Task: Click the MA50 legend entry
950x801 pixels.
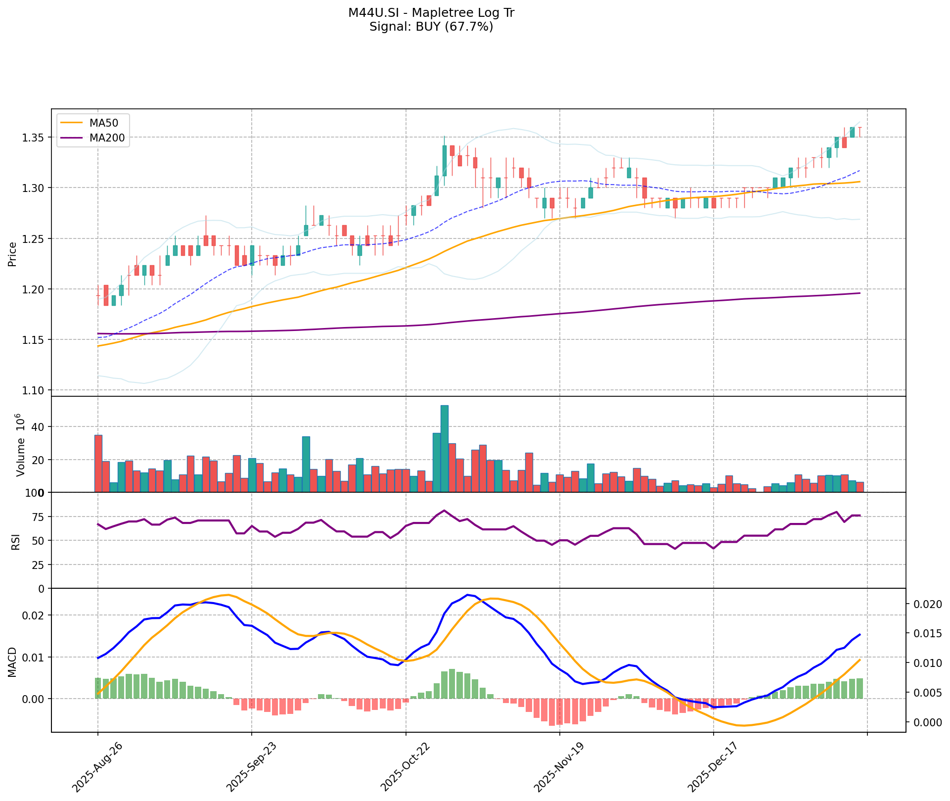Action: coord(102,123)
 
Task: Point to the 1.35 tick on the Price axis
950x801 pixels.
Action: coord(35,137)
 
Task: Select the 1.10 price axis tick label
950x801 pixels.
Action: coord(35,390)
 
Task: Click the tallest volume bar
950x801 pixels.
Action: coord(445,448)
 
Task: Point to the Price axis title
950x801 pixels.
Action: coord(13,253)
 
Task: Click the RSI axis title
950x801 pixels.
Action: coord(16,541)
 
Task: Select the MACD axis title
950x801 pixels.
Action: coord(13,662)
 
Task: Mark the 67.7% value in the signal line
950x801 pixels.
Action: coord(468,27)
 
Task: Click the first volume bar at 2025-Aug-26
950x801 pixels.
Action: coord(98,464)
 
